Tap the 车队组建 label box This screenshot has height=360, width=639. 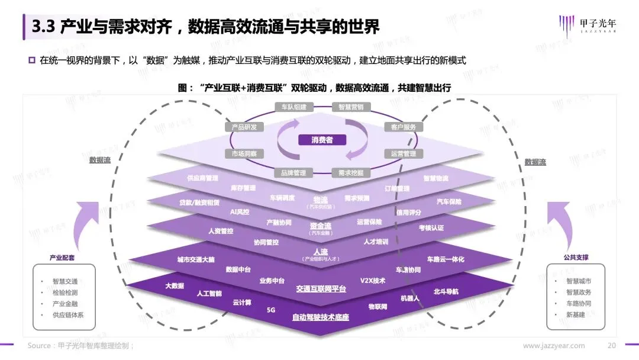tap(290, 107)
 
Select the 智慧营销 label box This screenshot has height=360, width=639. tap(351, 107)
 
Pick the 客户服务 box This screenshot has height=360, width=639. tap(403, 127)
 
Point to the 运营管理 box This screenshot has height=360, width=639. tap(403, 153)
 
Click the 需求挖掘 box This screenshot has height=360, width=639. tap(351, 173)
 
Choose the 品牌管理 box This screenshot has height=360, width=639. tap(290, 173)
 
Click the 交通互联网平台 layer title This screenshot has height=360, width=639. tap(321, 289)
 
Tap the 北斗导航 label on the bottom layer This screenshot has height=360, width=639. tap(446, 291)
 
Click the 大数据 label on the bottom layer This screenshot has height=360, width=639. tap(175, 285)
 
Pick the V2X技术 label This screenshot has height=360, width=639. tap(373, 280)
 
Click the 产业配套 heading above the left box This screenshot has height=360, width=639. tap(62, 258)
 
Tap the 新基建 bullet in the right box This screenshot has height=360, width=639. tap(575, 314)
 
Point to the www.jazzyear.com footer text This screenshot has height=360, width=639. tap(554, 345)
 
